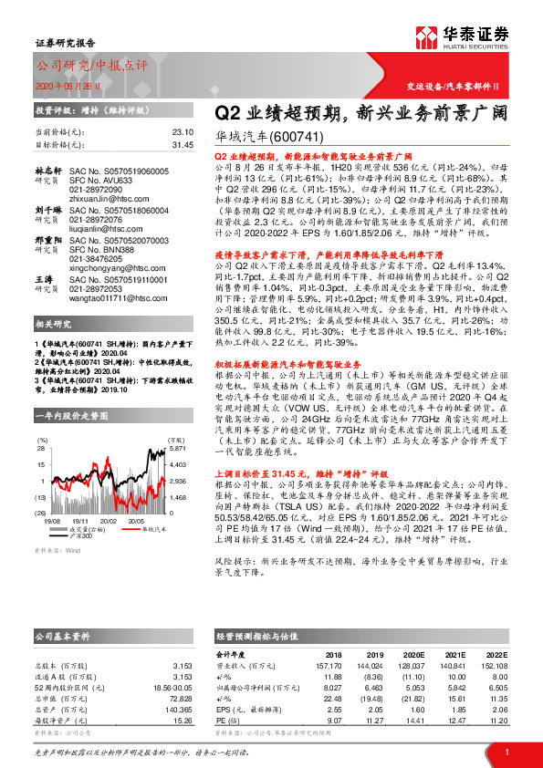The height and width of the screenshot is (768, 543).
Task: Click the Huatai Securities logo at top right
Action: tap(475, 37)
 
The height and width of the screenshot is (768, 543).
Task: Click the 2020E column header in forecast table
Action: tap(412, 655)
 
